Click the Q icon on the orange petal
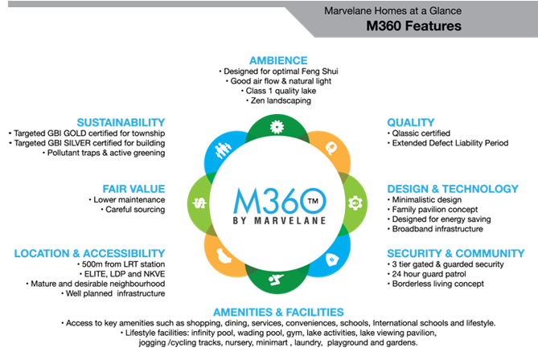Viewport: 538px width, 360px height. click(x=330, y=147)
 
